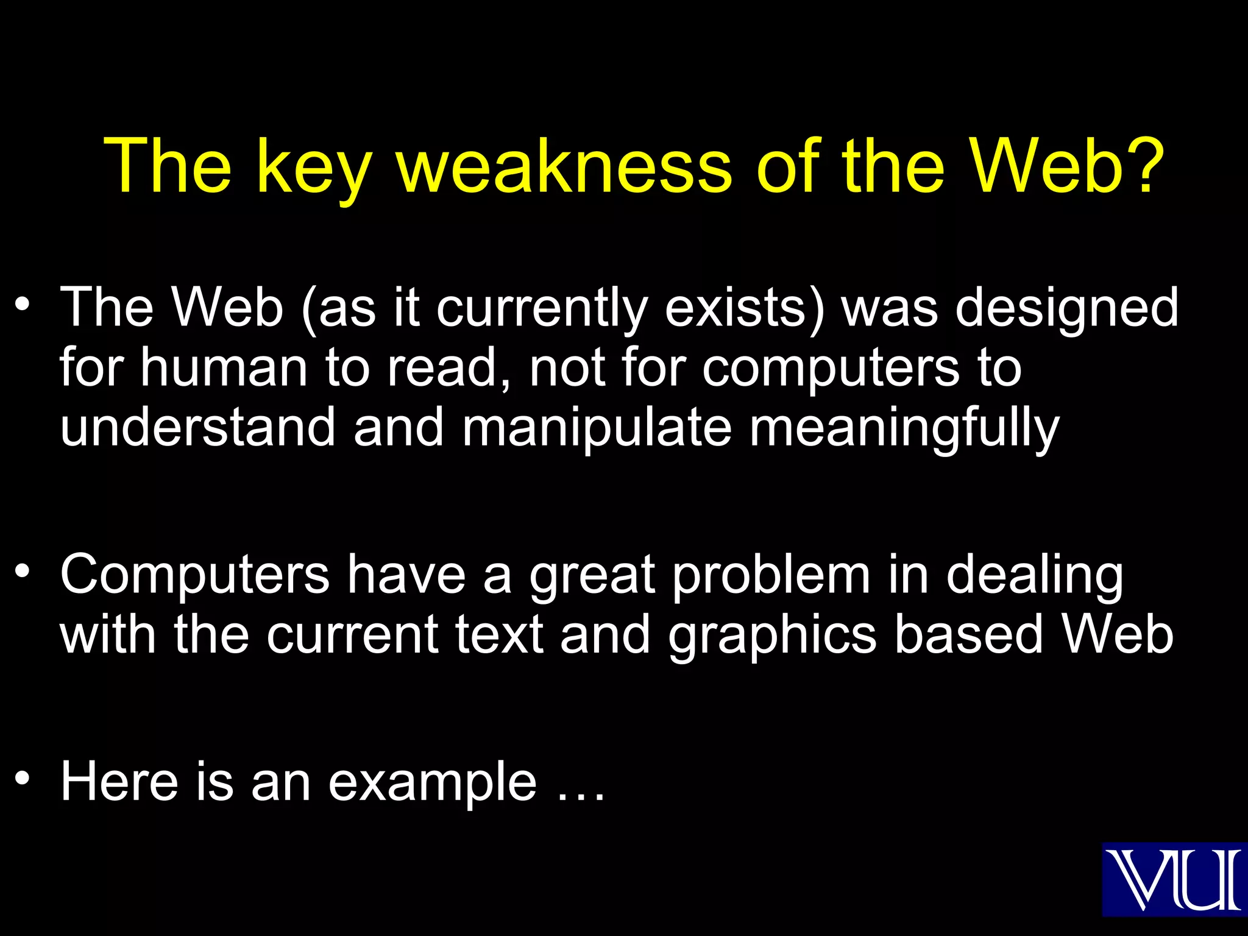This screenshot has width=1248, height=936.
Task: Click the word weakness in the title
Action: point(564,166)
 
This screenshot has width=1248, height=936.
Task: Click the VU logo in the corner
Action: point(1174,879)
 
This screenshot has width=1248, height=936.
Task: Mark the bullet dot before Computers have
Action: point(23,571)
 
